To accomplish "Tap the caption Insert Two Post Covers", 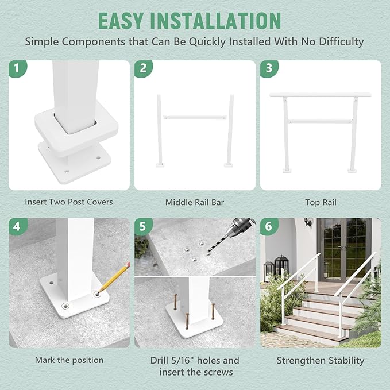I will [69, 202].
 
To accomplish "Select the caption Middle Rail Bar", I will [195, 202].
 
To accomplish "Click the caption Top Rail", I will [321, 202].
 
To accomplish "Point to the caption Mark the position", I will [69, 360].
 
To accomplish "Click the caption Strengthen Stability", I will [321, 360].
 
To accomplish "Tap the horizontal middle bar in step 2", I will [195, 117].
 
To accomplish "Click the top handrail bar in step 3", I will [321, 94].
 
